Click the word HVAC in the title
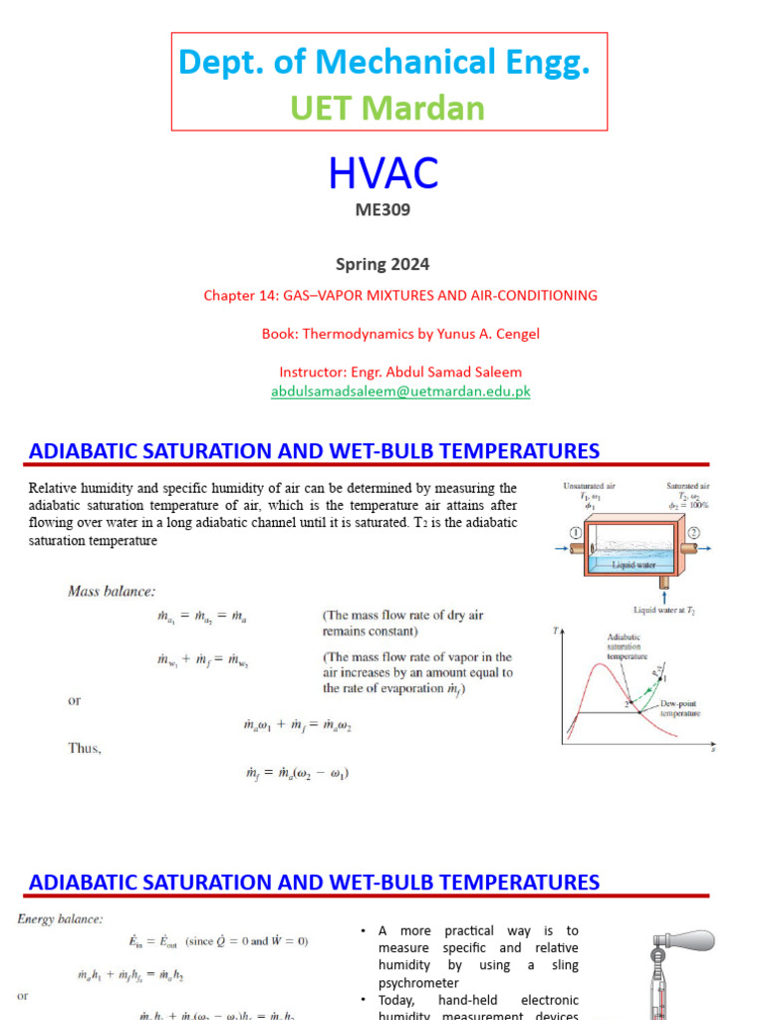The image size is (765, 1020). click(x=383, y=174)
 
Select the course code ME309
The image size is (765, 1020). click(x=382, y=210)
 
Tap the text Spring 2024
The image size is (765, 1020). click(x=382, y=264)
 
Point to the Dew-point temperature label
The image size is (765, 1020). click(x=680, y=708)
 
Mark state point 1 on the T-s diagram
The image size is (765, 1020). click(x=665, y=677)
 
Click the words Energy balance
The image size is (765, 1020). click(x=59, y=918)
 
